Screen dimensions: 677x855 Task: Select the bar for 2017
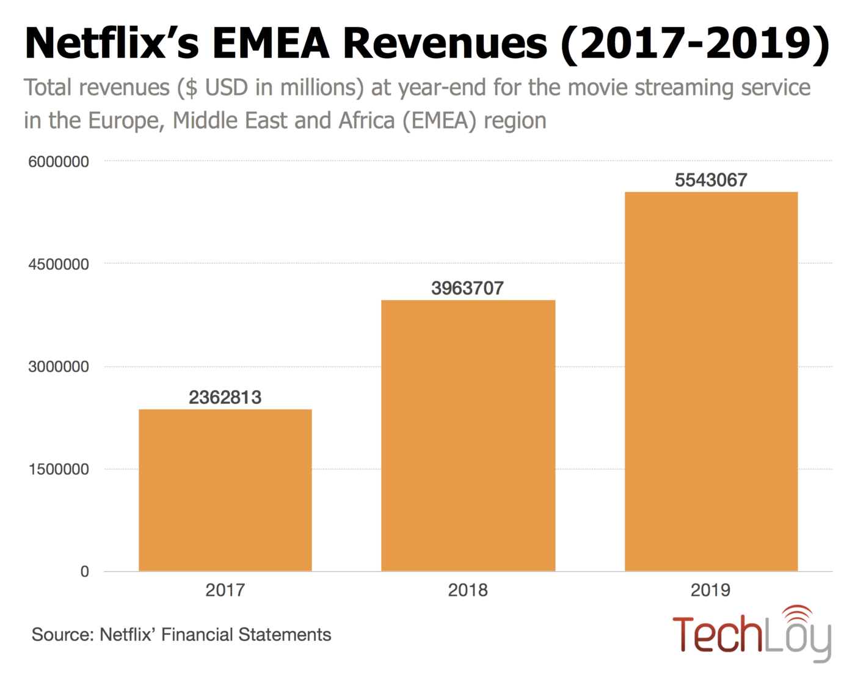(225, 490)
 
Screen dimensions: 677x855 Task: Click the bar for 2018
(468, 436)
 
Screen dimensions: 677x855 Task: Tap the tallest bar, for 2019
(711, 382)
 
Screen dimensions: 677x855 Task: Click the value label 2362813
(225, 398)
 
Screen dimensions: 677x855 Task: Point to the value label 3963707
(468, 288)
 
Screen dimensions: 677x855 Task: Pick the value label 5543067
(711, 180)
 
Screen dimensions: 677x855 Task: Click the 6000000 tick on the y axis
(59, 162)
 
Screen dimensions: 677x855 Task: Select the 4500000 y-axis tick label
(59, 265)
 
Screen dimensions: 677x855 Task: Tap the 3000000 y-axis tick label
(59, 367)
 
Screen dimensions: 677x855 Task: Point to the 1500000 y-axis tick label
(59, 470)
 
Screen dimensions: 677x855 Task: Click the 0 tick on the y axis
(85, 572)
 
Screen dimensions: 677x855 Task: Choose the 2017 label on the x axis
(225, 590)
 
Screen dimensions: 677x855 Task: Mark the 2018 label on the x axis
(468, 590)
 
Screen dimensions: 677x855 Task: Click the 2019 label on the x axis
(711, 590)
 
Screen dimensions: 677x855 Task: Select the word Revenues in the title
(445, 44)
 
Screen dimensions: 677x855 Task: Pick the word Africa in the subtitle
(367, 121)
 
